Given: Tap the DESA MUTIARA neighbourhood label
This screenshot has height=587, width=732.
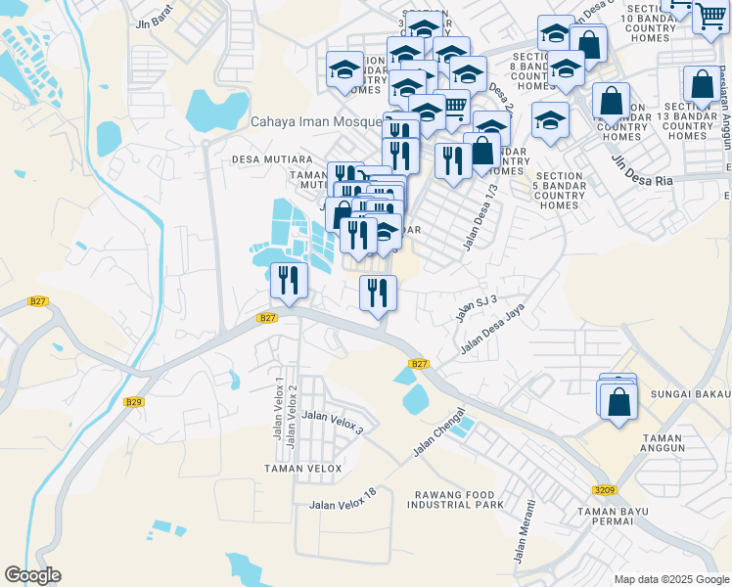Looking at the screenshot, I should (272, 158).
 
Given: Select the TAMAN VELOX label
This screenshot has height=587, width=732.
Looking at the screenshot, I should (303, 469).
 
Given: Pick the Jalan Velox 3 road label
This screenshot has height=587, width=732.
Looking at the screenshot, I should (333, 423).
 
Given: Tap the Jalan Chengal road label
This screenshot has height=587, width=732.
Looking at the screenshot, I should (436, 432).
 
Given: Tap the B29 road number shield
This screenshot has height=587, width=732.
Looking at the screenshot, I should (134, 402).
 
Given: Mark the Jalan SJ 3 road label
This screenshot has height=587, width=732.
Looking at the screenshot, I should (477, 308).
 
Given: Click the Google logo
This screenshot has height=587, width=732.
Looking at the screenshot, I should (32, 575).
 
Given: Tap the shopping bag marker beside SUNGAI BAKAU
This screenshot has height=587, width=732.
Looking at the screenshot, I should (619, 402).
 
